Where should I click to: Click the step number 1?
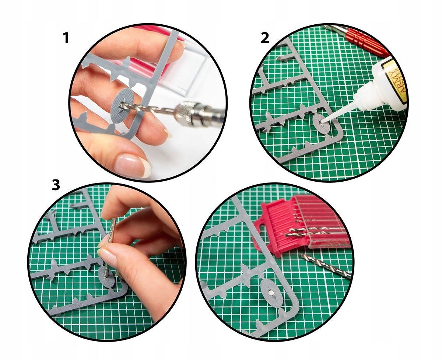click(x=66, y=38)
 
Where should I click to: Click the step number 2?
click(x=264, y=38)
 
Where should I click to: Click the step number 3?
click(x=55, y=185)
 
